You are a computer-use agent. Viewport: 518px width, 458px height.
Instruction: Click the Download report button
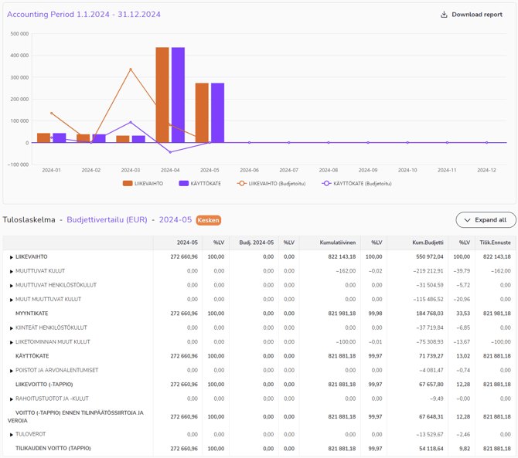point(471,15)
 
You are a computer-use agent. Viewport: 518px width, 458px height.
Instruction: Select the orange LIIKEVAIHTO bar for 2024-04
point(162,95)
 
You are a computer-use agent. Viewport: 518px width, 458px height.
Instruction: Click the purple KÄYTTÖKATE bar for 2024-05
point(217,113)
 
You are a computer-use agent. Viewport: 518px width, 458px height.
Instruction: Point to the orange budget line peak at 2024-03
point(131,70)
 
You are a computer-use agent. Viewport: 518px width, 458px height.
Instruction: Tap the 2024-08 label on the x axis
point(328,170)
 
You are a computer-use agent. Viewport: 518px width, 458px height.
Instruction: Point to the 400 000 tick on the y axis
point(19,56)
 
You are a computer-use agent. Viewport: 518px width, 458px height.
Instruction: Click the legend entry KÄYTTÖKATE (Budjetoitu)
point(357,184)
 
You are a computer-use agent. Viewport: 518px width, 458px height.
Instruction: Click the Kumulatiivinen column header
point(338,243)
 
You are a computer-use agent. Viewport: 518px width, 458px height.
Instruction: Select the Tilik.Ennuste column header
point(495,243)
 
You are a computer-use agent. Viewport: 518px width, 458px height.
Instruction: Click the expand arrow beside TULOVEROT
point(12,435)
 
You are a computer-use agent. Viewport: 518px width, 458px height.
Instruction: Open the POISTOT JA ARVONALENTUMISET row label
point(56,370)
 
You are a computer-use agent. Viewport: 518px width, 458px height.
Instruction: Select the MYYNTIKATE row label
point(32,314)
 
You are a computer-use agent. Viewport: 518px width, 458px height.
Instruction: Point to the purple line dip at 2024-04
point(170,152)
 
